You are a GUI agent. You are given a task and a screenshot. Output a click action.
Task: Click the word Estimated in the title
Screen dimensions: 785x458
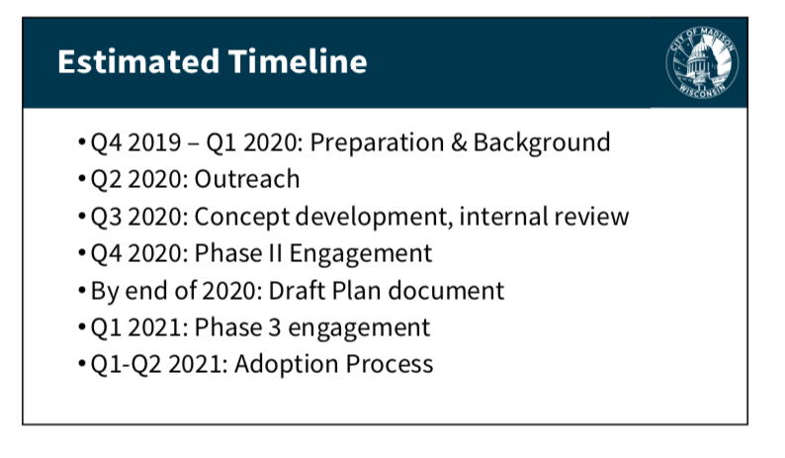click(x=138, y=61)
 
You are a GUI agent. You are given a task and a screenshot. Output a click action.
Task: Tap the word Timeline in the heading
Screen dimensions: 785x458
click(x=298, y=61)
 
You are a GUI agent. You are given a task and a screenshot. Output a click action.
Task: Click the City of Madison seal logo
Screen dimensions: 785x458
click(x=702, y=62)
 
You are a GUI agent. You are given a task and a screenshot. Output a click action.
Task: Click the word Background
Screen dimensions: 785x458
click(x=542, y=142)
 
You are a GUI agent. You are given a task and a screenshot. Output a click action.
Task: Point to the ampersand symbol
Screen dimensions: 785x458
click(x=459, y=142)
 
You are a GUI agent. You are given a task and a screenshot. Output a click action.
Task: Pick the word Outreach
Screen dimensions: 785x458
click(x=247, y=179)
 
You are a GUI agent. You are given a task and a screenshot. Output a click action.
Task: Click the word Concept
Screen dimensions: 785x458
click(x=242, y=217)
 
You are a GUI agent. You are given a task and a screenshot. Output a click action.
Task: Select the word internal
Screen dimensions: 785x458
click(x=500, y=216)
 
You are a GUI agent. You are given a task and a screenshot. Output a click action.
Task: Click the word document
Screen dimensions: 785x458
click(x=446, y=291)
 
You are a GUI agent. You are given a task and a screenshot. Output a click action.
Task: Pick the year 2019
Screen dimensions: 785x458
click(x=154, y=142)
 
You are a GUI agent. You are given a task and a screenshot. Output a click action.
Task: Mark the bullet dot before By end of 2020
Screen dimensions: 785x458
click(x=82, y=290)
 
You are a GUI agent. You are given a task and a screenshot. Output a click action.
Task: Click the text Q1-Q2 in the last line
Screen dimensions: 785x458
click(x=127, y=364)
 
